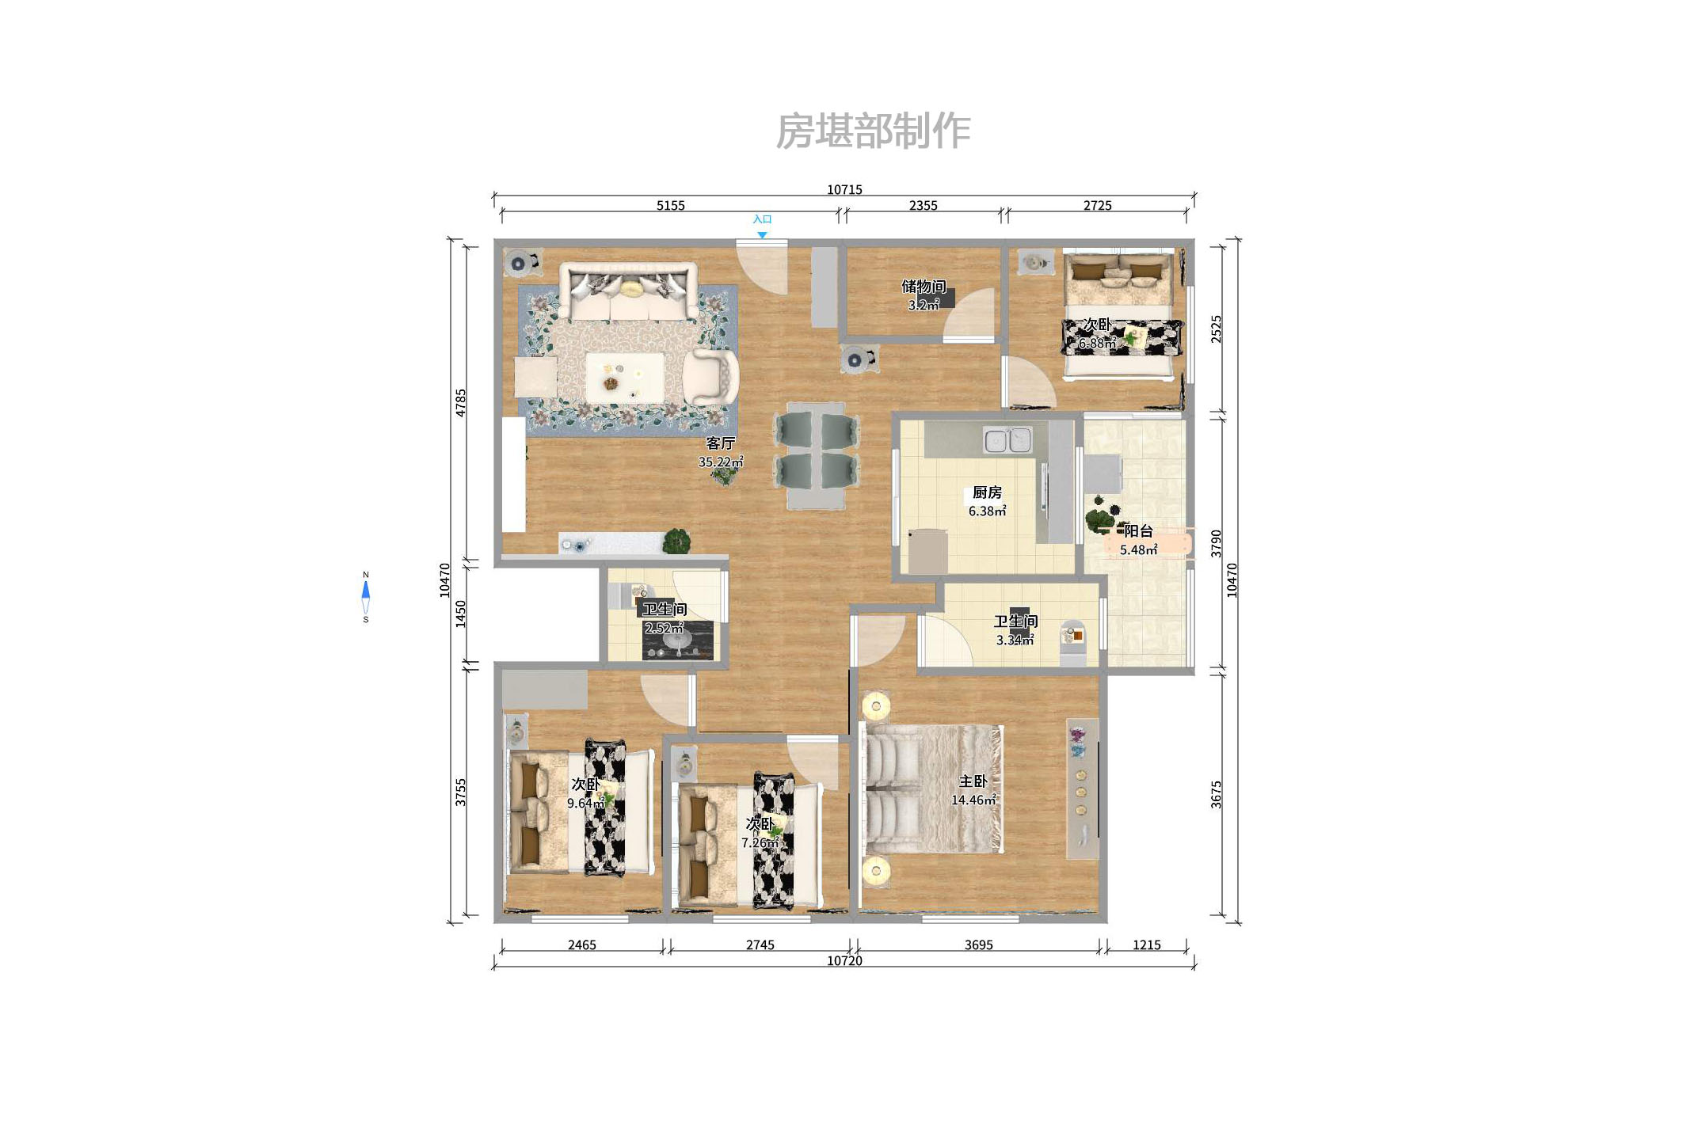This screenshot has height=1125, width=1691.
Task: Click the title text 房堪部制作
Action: [873, 131]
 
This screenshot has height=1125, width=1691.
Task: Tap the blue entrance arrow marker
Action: [762, 235]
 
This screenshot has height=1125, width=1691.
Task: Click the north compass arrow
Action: [366, 590]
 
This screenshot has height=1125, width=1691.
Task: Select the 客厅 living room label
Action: [721, 443]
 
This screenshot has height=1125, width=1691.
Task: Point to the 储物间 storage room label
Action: [924, 287]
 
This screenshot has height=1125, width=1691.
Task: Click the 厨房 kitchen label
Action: [987, 492]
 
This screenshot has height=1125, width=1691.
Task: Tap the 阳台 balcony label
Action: [1138, 531]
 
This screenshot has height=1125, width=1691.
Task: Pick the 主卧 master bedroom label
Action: [973, 781]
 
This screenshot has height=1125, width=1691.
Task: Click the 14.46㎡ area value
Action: [973, 800]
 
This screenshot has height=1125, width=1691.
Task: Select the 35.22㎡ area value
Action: [721, 462]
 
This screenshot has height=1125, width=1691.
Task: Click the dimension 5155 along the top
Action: [670, 206]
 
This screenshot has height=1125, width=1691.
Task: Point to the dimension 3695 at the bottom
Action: [978, 945]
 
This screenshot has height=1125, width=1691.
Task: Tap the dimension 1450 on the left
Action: [461, 614]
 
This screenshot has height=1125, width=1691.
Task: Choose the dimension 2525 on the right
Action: [1217, 329]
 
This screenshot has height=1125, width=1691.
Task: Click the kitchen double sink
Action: [1007, 440]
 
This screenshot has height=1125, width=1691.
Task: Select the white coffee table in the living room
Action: [624, 377]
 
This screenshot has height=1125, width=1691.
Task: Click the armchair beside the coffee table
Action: [710, 377]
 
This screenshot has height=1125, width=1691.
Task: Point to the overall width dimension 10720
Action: [844, 961]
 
